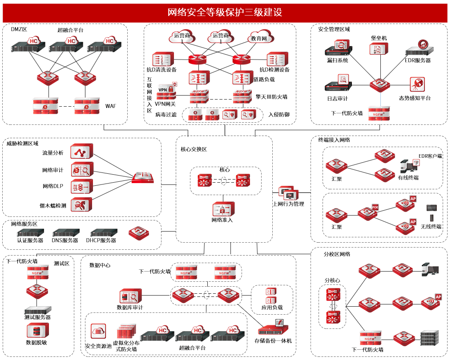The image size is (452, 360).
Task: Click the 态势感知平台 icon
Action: [417, 84]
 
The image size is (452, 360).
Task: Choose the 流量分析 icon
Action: [81, 152]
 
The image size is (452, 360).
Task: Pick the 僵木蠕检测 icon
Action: [81, 205]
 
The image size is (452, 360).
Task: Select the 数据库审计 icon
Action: [130, 296]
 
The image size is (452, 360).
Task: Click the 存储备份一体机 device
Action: [272, 328]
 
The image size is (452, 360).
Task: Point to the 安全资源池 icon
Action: [98, 331]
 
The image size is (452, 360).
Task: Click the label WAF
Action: [110, 106]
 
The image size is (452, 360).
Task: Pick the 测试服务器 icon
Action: [37, 309]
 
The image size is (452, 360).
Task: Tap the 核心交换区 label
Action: [194, 149]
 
